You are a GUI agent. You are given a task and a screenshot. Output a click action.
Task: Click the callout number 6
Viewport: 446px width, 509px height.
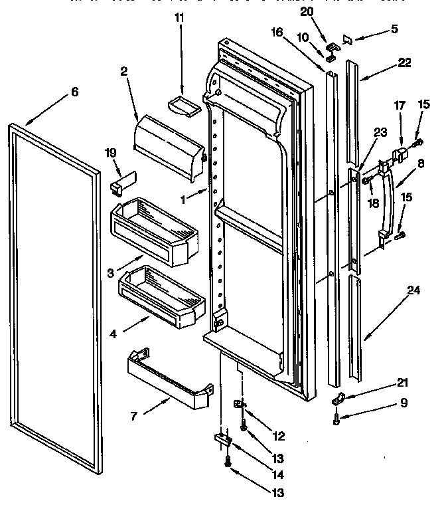74,92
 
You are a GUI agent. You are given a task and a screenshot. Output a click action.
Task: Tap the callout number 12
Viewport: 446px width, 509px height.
278,436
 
